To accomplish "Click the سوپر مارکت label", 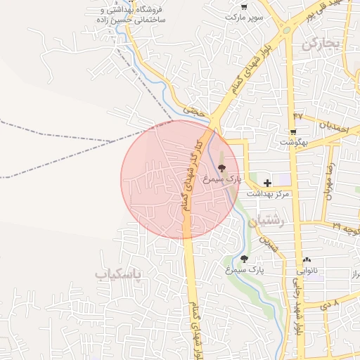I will pos(243,16).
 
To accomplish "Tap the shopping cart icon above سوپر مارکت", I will pos(243,6).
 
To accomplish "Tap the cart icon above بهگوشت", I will pos(292,131).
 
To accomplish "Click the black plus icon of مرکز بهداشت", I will pos(267,183).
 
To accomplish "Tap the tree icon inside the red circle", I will pos(222,168).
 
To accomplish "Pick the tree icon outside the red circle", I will pos(244,259).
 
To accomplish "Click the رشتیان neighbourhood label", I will pos(271,221).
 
